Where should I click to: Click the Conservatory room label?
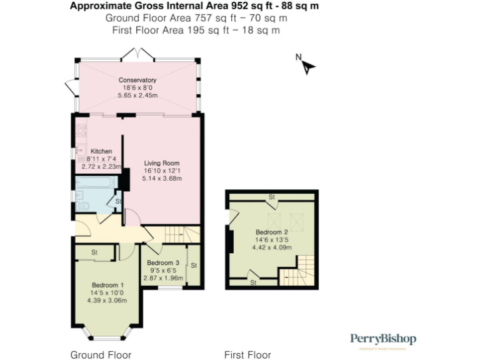(x=137, y=80)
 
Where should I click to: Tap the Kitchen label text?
(x=101, y=151)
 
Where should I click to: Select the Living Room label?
(x=161, y=163)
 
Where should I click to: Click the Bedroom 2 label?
(x=271, y=232)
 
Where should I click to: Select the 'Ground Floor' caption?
(x=101, y=355)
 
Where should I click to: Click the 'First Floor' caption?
(x=247, y=355)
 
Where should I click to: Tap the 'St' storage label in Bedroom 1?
(x=94, y=252)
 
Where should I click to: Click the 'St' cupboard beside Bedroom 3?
(x=193, y=266)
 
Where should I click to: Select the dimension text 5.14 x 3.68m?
(x=161, y=178)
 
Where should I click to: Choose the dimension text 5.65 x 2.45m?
(x=137, y=96)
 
